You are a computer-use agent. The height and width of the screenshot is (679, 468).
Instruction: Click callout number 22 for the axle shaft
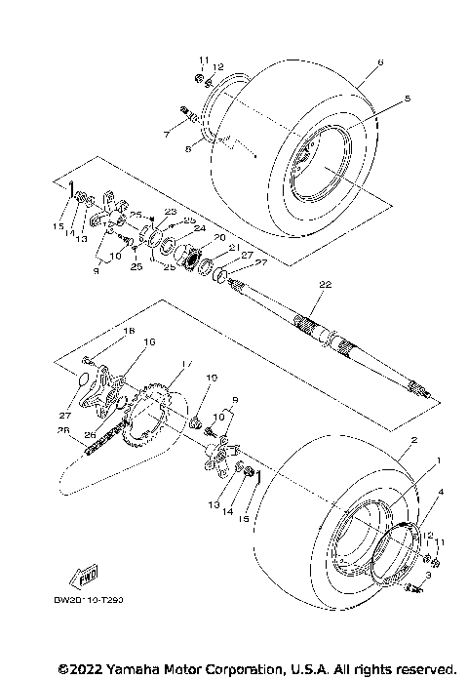point(324,283)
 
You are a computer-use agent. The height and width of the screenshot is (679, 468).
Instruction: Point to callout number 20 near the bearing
point(219,236)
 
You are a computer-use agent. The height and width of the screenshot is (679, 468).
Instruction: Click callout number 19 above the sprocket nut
point(211,377)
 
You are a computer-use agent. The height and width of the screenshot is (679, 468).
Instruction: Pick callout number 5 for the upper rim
point(380,98)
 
